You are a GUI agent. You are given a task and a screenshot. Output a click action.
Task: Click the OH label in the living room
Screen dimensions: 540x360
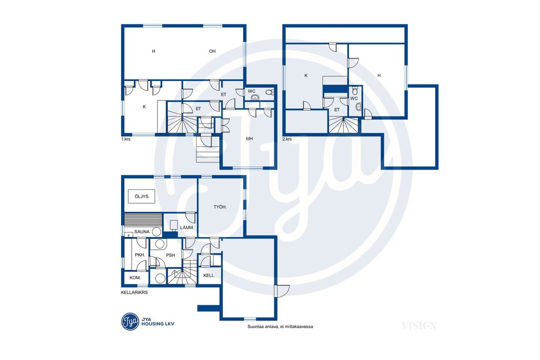[x=212, y=51]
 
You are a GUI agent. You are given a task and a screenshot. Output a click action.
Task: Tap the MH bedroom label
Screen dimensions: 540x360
[x=249, y=139]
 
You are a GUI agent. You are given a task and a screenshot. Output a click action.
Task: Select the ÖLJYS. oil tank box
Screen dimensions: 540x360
[x=142, y=196]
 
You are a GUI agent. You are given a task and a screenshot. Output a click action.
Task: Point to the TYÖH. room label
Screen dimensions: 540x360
[x=220, y=207]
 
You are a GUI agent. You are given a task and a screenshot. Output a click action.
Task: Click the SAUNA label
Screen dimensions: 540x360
[x=142, y=231]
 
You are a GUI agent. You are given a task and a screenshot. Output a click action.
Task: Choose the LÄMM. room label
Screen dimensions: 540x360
[x=187, y=228]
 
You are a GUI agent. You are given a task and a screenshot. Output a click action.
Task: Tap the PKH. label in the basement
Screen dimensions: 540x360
[x=140, y=255]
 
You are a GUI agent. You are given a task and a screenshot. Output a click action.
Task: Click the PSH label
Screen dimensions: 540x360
[x=171, y=255]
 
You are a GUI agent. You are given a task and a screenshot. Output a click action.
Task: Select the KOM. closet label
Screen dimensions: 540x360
[x=135, y=277]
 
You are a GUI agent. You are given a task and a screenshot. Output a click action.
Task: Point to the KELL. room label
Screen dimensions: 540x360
[x=209, y=275]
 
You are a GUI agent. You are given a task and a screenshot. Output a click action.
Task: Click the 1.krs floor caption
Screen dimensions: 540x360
[x=126, y=139]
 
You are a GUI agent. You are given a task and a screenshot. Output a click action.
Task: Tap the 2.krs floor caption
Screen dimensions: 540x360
[x=287, y=139]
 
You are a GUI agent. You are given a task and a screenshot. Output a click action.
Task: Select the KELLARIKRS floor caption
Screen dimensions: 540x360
[x=134, y=293]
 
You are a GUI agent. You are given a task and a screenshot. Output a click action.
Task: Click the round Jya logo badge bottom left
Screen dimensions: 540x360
[x=130, y=322]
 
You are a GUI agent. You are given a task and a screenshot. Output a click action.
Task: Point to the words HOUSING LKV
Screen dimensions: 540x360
[x=158, y=324]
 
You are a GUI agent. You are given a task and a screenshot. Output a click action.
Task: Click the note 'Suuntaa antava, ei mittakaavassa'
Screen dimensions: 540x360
[x=280, y=327]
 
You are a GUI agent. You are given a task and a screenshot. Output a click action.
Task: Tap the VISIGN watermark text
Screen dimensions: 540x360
[x=419, y=326]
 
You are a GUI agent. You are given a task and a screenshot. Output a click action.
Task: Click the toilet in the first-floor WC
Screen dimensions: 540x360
[x=271, y=92]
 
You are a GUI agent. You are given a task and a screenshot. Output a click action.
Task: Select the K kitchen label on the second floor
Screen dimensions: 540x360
[x=306, y=75]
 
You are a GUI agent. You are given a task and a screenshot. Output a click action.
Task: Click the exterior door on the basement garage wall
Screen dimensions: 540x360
[x=282, y=291]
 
